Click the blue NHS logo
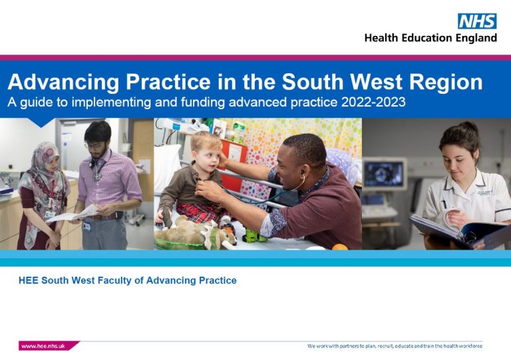[477, 21]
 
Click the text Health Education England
[430, 38]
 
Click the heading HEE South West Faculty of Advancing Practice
[127, 280]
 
